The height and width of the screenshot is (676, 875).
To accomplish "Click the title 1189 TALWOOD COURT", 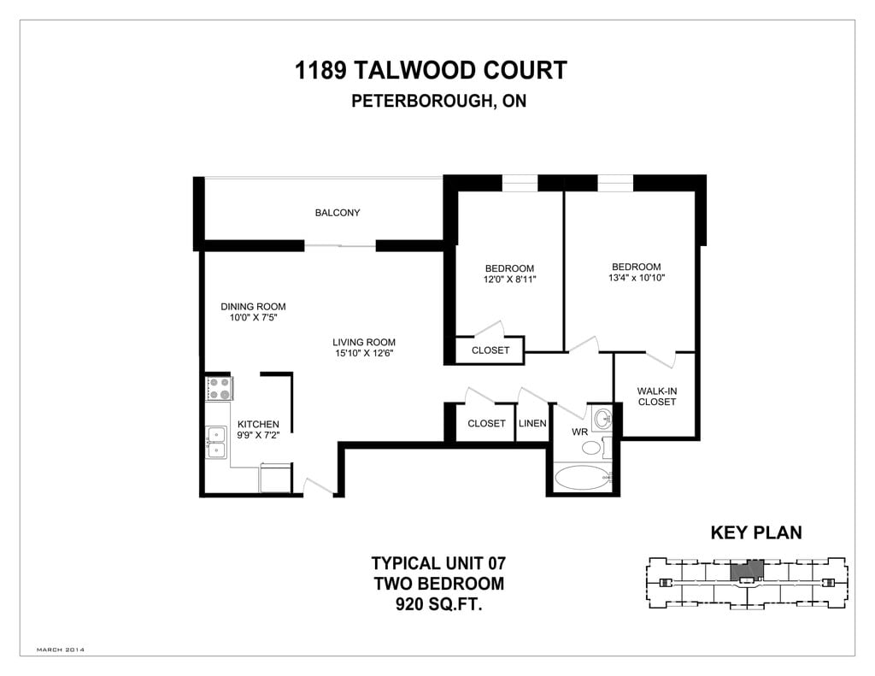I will pyautogui.click(x=431, y=70).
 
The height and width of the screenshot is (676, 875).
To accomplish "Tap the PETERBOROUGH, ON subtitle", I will pyautogui.click(x=438, y=101).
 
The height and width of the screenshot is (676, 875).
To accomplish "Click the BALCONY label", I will pyautogui.click(x=338, y=213).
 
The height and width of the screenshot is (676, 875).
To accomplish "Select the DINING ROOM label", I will pyautogui.click(x=253, y=307).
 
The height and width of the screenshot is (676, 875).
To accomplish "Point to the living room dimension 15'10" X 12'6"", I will pyautogui.click(x=363, y=353).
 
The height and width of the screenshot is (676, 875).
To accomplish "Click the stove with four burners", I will pyautogui.click(x=220, y=389).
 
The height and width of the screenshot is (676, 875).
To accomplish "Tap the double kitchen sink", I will pyautogui.click(x=216, y=444).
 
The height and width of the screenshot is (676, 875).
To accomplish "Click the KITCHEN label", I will pyautogui.click(x=258, y=425).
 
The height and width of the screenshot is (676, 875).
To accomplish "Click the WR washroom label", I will pyautogui.click(x=579, y=432).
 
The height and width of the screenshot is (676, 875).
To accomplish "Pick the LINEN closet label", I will pyautogui.click(x=532, y=424).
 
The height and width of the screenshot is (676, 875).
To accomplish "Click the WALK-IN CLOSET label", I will pyautogui.click(x=656, y=397).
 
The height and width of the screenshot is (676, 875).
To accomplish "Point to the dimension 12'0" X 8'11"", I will pyautogui.click(x=509, y=279).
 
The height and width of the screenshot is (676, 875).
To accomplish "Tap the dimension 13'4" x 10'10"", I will pyautogui.click(x=636, y=278).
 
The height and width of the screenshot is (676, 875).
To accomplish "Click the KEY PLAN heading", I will pyautogui.click(x=756, y=533).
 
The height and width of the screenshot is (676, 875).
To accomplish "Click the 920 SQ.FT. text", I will pyautogui.click(x=437, y=605).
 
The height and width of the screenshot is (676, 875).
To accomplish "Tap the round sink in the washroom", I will pyautogui.click(x=603, y=419).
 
